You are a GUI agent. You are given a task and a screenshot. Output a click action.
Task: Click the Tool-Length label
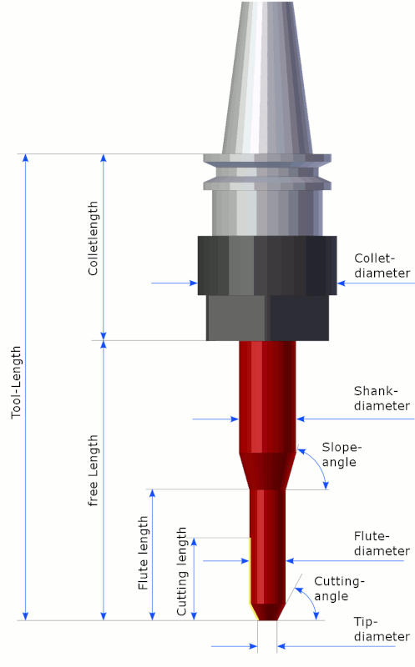pyautogui.click(x=16, y=382)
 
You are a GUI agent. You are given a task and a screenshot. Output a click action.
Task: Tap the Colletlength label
pyautogui.click(x=93, y=238)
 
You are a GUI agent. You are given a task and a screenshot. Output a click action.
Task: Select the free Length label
pyautogui.click(x=93, y=470)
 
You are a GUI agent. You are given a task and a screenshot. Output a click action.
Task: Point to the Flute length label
pyautogui.click(x=143, y=553)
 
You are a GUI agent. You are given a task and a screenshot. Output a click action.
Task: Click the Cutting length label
pyautogui.click(x=181, y=571)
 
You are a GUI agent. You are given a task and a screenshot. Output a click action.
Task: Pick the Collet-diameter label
pyautogui.click(x=382, y=265)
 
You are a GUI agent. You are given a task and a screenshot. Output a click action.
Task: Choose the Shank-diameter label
pyautogui.click(x=382, y=399)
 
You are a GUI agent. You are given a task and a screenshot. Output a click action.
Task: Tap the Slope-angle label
pyautogui.click(x=342, y=454)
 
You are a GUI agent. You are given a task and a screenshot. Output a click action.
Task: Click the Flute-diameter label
pyautogui.click(x=382, y=544)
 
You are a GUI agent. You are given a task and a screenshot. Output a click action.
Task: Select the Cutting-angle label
pyautogui.click(x=339, y=589)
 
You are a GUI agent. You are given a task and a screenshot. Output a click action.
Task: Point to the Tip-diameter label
pyautogui.click(x=382, y=629)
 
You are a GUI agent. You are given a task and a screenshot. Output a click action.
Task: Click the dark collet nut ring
pyautogui.click(x=267, y=265)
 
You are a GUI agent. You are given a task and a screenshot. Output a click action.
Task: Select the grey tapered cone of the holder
pyautogui.click(x=267, y=78)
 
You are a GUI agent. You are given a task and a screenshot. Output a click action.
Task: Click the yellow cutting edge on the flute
pyautogui.click(x=251, y=574)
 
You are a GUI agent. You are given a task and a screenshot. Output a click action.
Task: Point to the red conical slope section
pyautogui.click(x=267, y=471)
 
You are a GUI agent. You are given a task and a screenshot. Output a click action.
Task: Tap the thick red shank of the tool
pyautogui.click(x=267, y=397)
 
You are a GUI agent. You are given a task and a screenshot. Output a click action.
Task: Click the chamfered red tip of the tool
pyautogui.click(x=267, y=612)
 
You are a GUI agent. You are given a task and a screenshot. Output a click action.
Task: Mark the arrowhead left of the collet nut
pyautogui.click(x=194, y=283)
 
